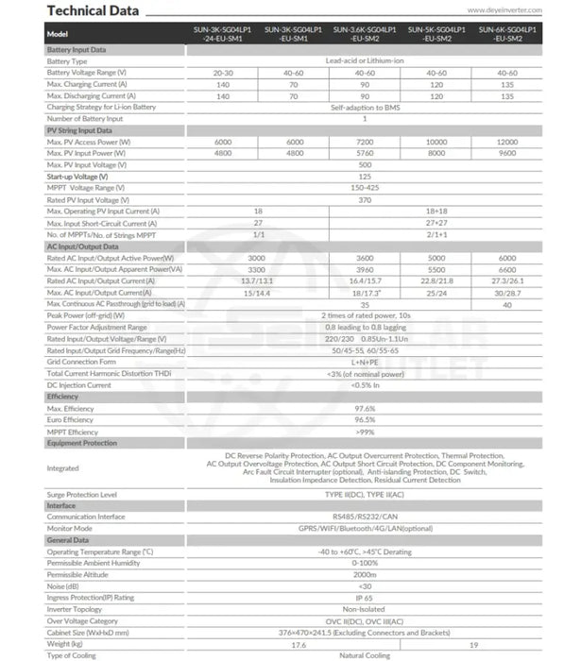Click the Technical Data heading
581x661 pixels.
coord(93,10)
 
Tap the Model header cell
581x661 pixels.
coord(58,34)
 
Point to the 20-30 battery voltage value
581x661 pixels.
coord(224,73)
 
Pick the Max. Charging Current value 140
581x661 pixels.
coord(224,84)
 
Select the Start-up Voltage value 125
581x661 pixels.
coord(365,176)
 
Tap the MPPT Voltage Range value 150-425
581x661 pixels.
coord(365,187)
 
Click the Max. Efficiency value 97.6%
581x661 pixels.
coord(365,408)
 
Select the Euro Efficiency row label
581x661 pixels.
coord(72,419)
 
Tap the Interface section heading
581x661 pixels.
coord(61,505)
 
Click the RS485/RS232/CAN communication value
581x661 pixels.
coord(365,517)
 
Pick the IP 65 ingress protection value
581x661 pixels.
coord(365,597)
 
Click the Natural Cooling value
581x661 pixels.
coord(365,654)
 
